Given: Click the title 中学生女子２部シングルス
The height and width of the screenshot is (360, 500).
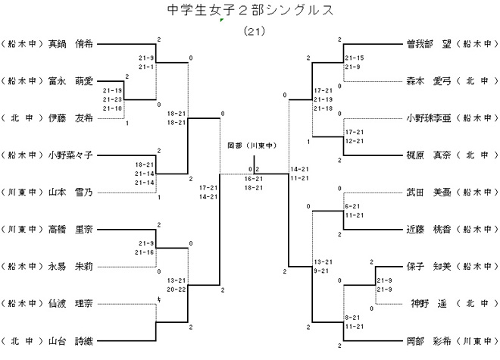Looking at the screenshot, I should click(249, 11).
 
